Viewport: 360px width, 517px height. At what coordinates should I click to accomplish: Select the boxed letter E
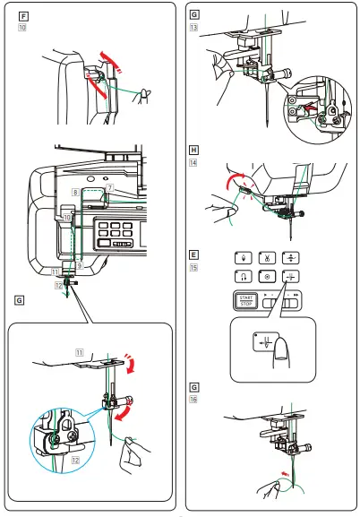[x=194, y=254]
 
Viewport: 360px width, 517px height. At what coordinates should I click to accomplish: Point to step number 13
[x=194, y=27]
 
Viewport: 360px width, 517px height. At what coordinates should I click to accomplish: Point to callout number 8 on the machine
[x=73, y=193]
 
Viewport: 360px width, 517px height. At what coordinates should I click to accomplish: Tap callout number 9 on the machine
[x=80, y=266]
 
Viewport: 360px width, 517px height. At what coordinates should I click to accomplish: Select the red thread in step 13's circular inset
[x=310, y=110]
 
